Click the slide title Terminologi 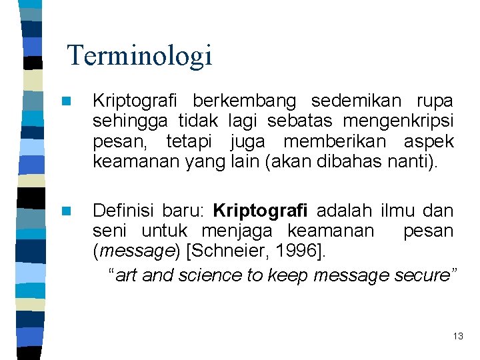click(x=140, y=55)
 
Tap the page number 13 click(x=457, y=336)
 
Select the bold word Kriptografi click(x=260, y=211)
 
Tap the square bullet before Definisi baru click(x=65, y=212)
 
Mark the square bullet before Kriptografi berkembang click(x=65, y=102)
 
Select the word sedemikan click(x=356, y=101)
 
